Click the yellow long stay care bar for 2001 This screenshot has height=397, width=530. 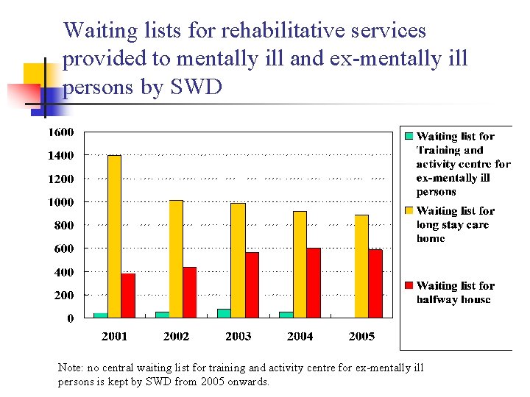click(114, 237)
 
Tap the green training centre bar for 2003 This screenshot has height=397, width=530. click(224, 313)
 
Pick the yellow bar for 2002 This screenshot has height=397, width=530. click(176, 259)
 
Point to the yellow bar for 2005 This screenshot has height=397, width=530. click(361, 266)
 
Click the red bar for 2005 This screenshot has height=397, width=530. click(375, 284)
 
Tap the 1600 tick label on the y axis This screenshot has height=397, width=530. click(61, 132)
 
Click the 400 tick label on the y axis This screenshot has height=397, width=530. click(64, 272)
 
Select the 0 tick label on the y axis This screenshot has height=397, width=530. click(71, 318)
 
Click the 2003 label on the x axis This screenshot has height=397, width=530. click(238, 336)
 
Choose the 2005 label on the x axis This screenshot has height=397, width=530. click(361, 336)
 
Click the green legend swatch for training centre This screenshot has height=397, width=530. click(409, 136)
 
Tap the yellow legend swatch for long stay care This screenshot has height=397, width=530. click(409, 211)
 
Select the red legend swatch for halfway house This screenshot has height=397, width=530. click(409, 285)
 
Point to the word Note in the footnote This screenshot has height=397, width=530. click(71, 368)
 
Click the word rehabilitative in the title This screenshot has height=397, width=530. click(273, 30)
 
